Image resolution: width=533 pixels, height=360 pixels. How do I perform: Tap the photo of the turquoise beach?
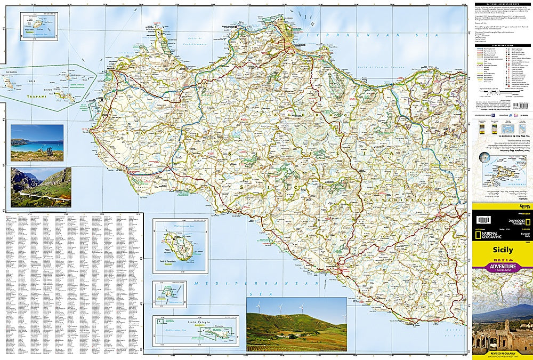(x=37, y=143)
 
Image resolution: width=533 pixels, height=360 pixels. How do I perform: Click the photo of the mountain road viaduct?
(x=41, y=187)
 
